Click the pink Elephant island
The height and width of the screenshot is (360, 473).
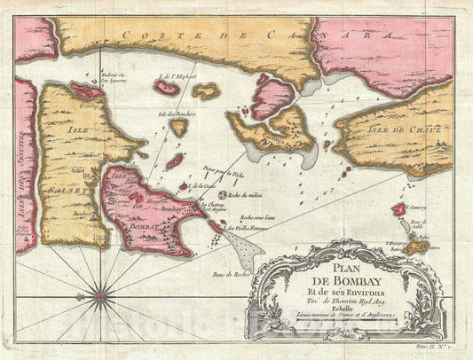coord(167,88)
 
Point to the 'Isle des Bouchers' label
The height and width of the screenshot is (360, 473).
coord(175,113)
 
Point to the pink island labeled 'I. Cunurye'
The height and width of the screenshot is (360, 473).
coord(399,209)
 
